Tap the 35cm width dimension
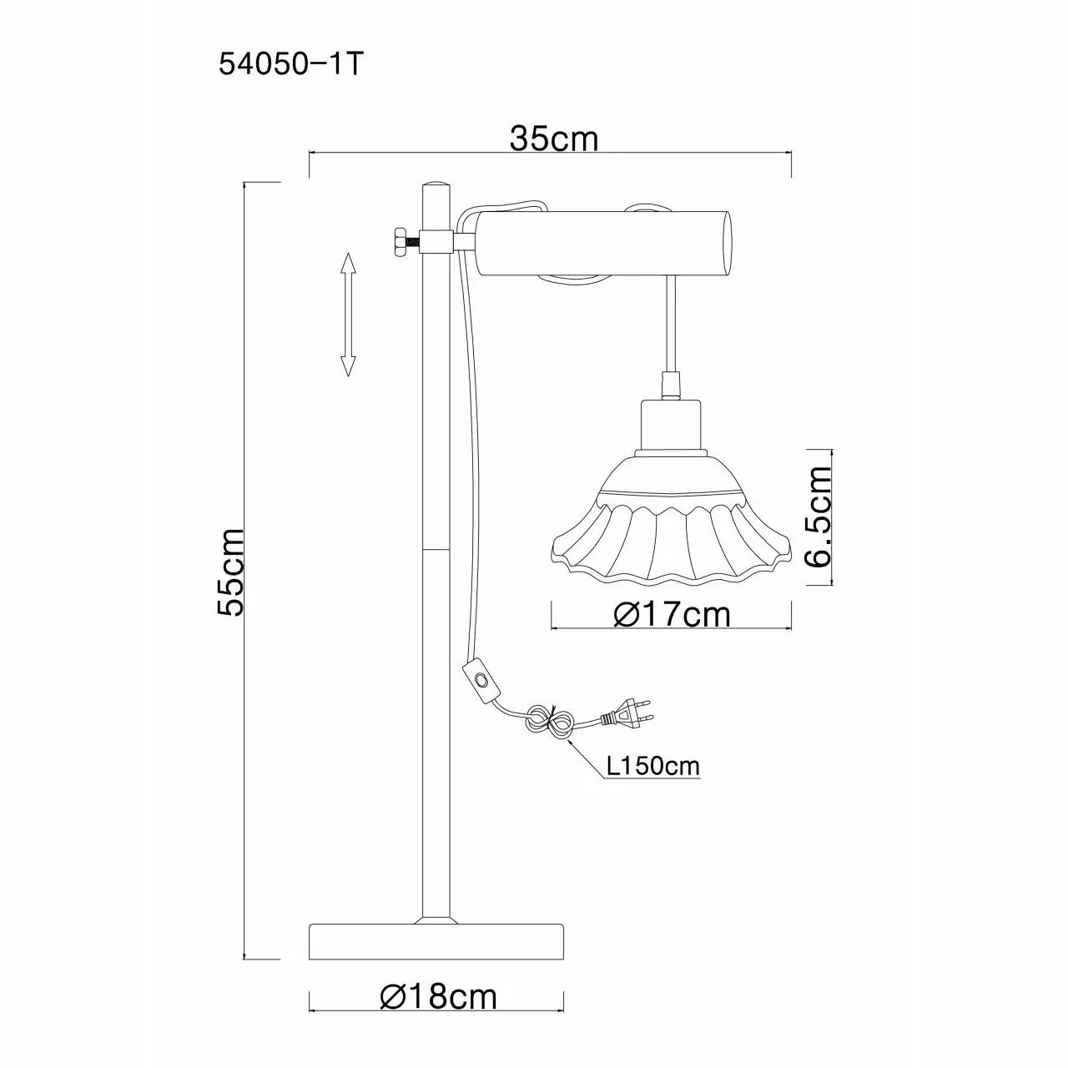tap(554, 139)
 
